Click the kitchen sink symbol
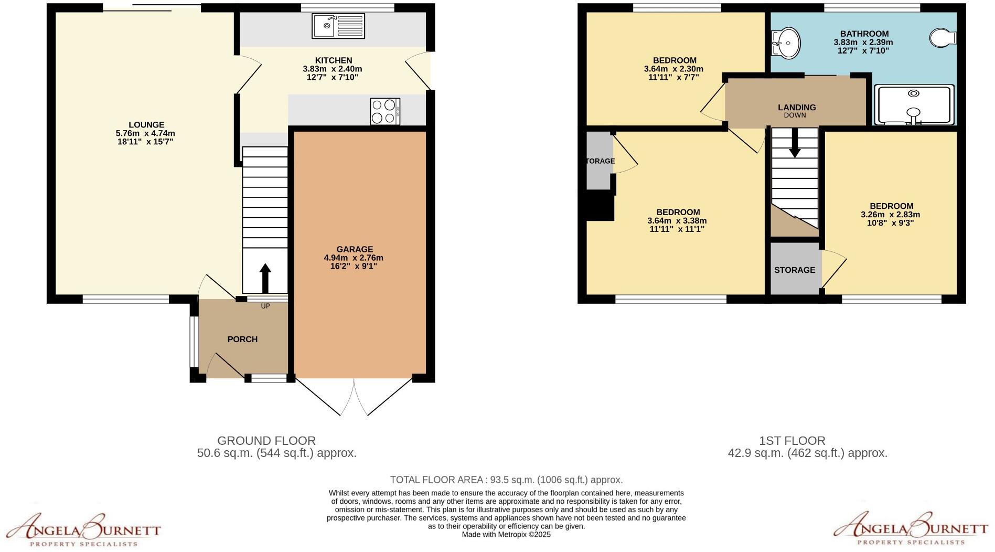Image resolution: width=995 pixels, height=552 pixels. [338, 26]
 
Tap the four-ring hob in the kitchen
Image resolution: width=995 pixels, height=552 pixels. [385, 111]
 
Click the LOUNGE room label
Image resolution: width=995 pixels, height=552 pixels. [146, 125]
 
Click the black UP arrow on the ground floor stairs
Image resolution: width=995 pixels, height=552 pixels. [265, 278]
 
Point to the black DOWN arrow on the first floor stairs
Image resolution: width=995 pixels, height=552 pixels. [795, 142]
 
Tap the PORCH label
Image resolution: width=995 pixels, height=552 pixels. [242, 339]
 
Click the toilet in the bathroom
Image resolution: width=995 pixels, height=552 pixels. [943, 38]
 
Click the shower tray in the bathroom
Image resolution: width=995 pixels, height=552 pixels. [913, 104]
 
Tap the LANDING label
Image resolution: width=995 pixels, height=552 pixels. [797, 107]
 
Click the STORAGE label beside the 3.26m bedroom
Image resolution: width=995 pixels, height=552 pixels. [795, 270]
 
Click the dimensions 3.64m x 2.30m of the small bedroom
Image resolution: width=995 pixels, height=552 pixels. [673, 69]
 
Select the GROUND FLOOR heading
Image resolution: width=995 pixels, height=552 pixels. [266, 441]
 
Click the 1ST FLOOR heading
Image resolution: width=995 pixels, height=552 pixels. [792, 441]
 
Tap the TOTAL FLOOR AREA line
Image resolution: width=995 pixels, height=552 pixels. [506, 480]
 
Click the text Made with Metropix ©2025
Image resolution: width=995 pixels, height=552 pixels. [506, 535]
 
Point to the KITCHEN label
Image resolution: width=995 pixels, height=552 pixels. [334, 60]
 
